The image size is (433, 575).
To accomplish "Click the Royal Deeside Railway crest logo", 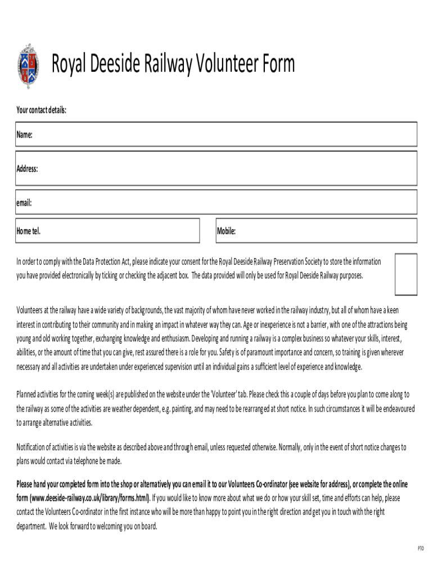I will tap(28, 66).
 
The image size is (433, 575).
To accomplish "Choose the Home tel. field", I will tap(107, 231).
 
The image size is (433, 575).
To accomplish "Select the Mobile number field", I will tap(317, 231).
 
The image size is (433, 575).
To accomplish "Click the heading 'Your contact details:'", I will tap(41, 110).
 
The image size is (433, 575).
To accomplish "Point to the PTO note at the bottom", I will tap(420, 548).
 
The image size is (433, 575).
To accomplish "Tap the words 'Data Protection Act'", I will tap(107, 262).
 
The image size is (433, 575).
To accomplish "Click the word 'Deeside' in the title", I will tap(116, 64).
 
